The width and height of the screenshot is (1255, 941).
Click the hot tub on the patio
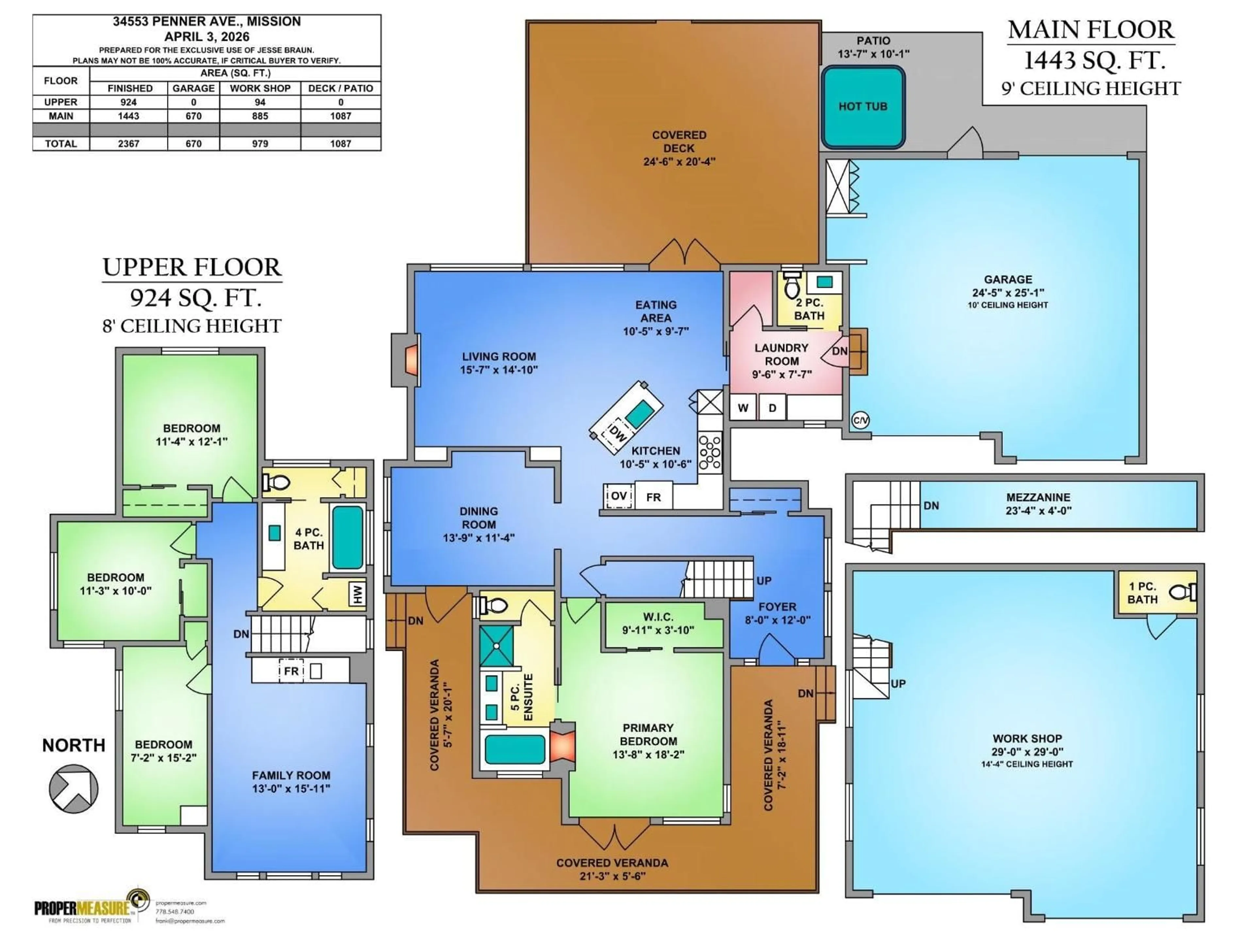pos(862,107)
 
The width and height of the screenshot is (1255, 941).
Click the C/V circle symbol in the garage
pos(860,420)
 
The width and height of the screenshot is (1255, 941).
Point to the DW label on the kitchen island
pos(617,435)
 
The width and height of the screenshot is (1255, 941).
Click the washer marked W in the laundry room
pos(743,408)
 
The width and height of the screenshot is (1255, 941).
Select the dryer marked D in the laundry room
pos(772,408)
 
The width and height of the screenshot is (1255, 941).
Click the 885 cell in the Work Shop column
pos(260,116)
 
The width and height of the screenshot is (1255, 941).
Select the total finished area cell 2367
pos(129,143)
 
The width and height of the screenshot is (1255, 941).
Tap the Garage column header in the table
pos(193,89)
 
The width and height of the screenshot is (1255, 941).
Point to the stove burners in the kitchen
pos(709,452)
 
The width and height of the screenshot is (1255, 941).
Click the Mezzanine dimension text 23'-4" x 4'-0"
pos(1038,510)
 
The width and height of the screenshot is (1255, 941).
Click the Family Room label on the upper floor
pos(291,775)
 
